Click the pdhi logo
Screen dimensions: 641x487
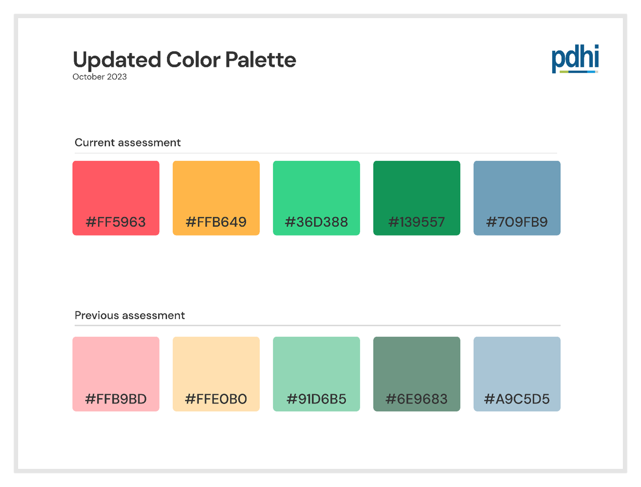(x=575, y=59)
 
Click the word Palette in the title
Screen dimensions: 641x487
(x=261, y=60)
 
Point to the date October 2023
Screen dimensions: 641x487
(x=100, y=77)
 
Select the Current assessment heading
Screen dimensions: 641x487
(x=128, y=143)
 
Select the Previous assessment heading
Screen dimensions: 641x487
(x=130, y=315)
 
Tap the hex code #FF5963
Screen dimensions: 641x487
(x=116, y=222)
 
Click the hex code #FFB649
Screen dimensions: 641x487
(x=216, y=222)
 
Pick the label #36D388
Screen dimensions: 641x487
(x=317, y=222)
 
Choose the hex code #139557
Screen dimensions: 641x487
(x=417, y=222)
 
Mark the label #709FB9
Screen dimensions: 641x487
(x=517, y=222)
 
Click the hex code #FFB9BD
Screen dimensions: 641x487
(x=116, y=399)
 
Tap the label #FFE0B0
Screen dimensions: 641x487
(x=216, y=399)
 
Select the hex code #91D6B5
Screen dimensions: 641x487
(x=317, y=399)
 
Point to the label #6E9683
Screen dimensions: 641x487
(x=417, y=399)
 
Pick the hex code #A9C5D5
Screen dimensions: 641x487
(x=517, y=399)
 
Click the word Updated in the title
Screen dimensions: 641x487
(x=117, y=60)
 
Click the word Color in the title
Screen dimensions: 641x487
(x=193, y=60)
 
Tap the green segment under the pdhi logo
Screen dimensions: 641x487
(x=564, y=72)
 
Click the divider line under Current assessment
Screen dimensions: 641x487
(x=316, y=153)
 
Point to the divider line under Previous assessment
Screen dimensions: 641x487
(x=317, y=325)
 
